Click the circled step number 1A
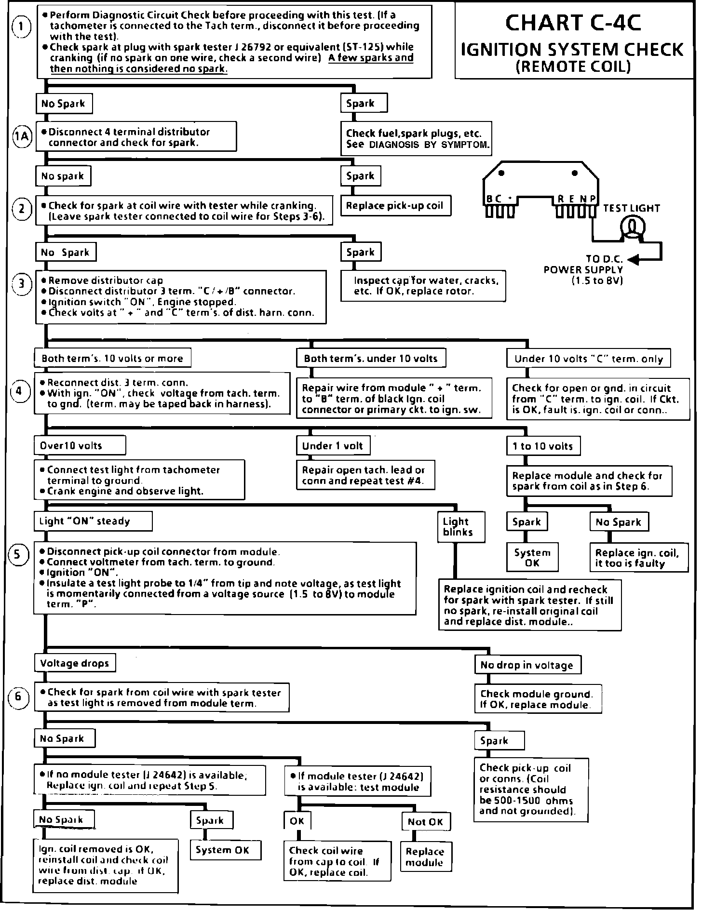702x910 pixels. click(21, 137)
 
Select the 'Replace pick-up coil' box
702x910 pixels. click(394, 206)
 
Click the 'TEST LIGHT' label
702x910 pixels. click(631, 208)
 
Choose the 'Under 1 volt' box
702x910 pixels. click(333, 446)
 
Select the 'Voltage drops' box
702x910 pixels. click(75, 663)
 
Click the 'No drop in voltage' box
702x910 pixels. click(527, 665)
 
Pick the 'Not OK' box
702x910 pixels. click(425, 822)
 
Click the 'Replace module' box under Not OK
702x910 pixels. click(425, 856)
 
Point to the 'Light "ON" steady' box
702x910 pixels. click(93, 521)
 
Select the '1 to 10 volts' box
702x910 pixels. click(543, 446)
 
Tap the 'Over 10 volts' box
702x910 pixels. click(80, 445)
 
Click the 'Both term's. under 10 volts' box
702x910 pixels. click(370, 358)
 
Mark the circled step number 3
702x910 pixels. click(22, 283)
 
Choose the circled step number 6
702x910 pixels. click(18, 696)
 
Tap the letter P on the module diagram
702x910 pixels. click(593, 199)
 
